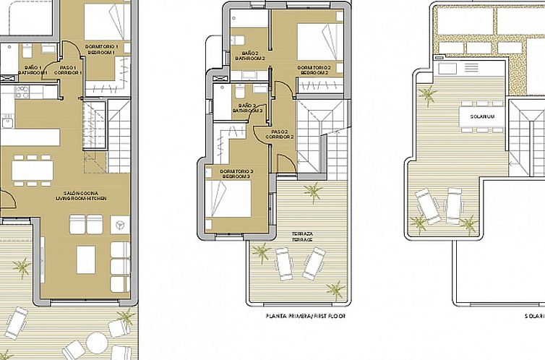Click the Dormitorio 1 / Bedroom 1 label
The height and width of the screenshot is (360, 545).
102,49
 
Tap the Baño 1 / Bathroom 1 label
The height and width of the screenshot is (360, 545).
32,69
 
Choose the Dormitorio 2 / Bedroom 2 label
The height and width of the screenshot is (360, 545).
314,70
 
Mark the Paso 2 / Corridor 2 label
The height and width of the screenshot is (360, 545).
280,134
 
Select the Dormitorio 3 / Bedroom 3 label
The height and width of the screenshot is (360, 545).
235,173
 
